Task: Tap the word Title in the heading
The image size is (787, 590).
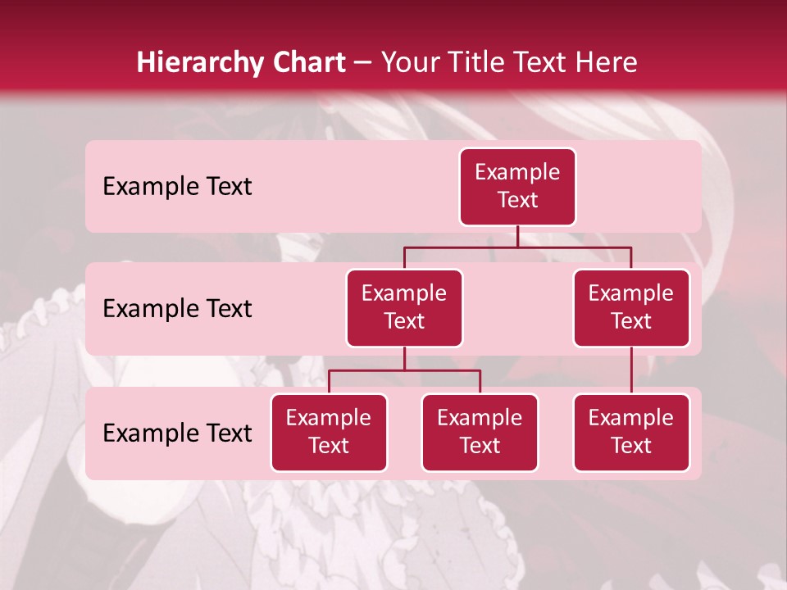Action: tap(479, 62)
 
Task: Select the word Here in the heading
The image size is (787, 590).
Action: tap(607, 62)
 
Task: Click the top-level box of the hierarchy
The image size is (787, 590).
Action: tap(517, 187)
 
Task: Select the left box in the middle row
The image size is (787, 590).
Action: tap(404, 308)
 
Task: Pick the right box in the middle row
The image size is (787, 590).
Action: tap(631, 308)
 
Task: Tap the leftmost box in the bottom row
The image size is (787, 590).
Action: tap(329, 433)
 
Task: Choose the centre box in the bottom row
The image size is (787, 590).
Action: tap(480, 433)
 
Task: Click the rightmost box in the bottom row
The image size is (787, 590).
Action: tap(631, 433)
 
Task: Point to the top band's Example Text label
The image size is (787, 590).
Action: tap(177, 187)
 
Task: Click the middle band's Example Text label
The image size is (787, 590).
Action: tap(177, 309)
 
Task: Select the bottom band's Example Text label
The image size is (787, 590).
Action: tap(177, 433)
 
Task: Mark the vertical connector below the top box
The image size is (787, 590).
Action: tap(517, 236)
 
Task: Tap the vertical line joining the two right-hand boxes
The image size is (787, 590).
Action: tap(631, 370)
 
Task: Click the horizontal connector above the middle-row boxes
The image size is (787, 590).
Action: tap(517, 247)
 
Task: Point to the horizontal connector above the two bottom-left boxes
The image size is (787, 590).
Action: tap(404, 370)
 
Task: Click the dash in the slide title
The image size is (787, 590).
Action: tap(363, 63)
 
